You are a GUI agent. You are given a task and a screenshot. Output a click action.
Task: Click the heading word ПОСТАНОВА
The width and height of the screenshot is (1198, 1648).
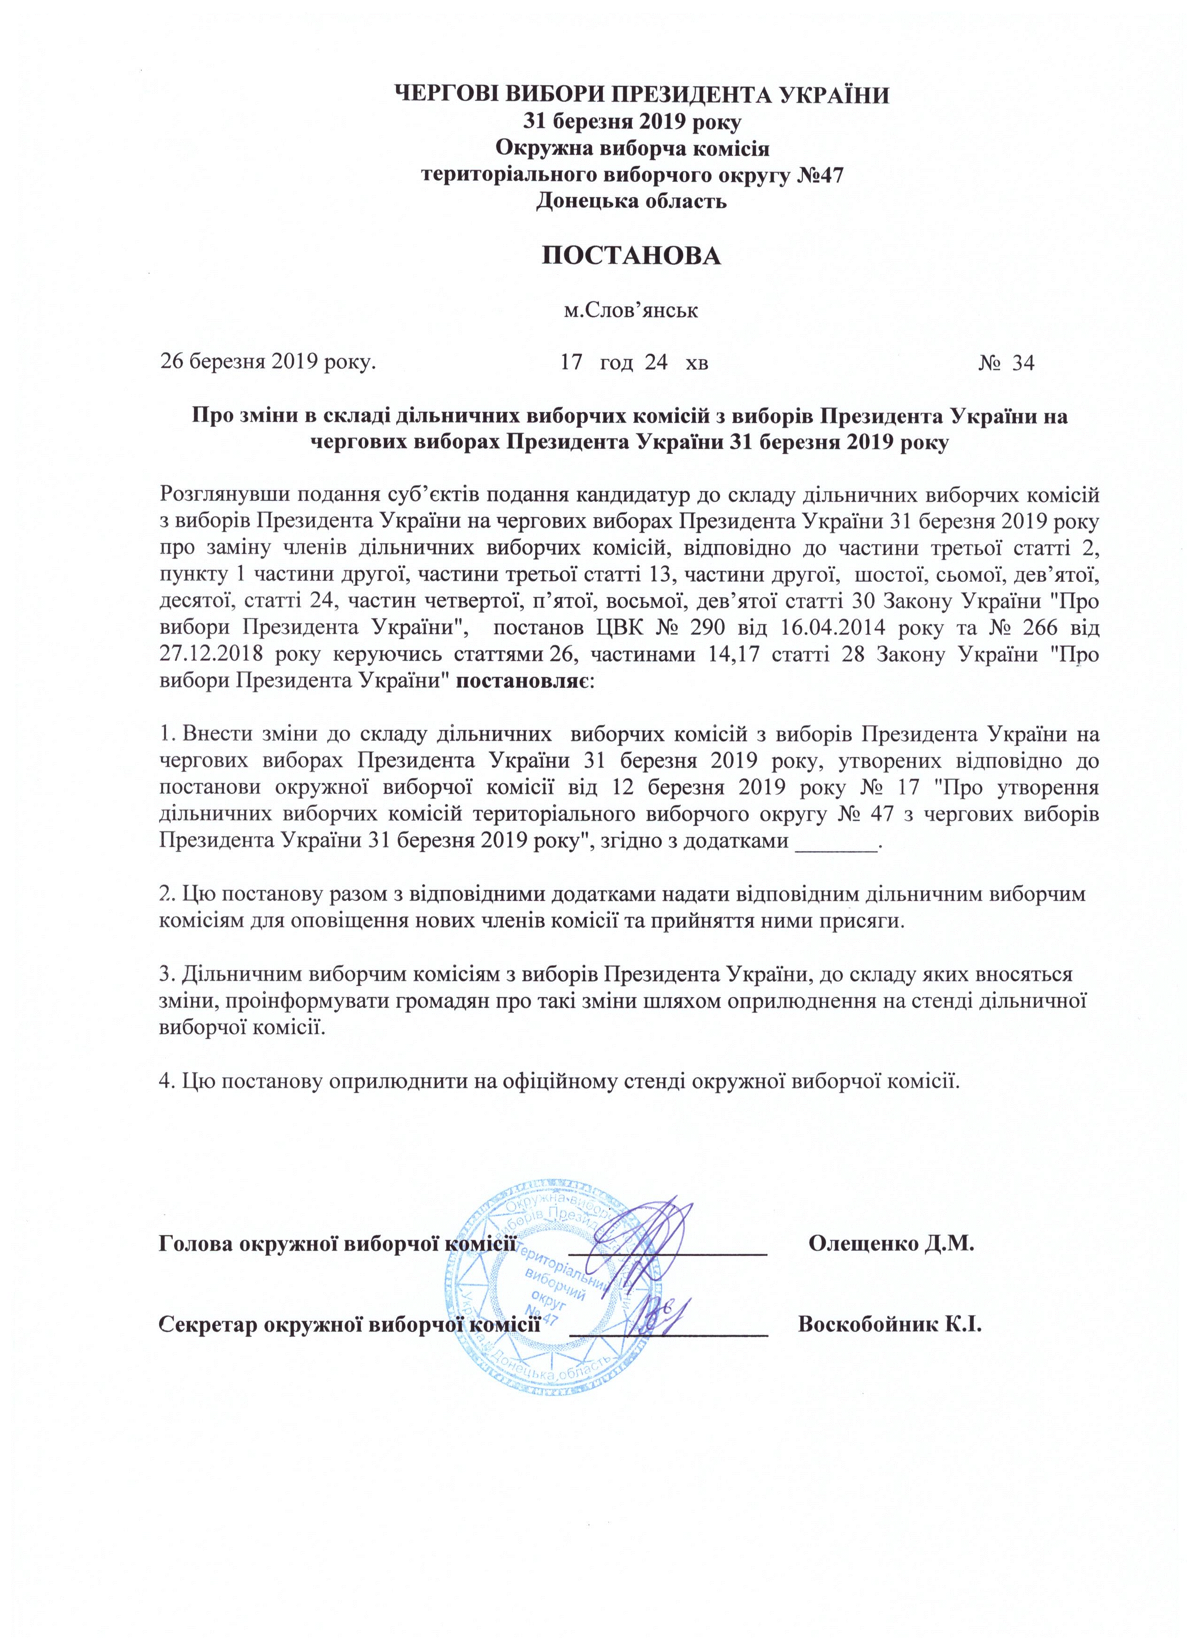[x=631, y=256]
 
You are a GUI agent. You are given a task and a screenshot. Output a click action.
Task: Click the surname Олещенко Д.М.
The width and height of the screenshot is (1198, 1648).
[x=891, y=1243]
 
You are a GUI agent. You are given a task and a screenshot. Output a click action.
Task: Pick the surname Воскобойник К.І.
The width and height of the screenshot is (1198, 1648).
[x=889, y=1323]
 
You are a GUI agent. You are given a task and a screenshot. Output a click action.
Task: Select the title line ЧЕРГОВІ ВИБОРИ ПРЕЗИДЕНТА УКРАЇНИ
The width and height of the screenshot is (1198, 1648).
[x=641, y=95]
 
